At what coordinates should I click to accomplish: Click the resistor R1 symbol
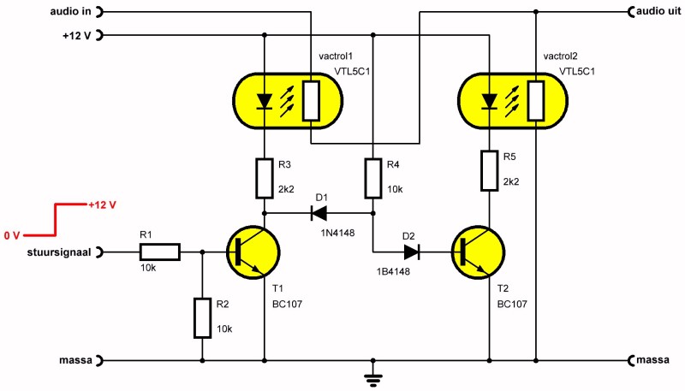(159, 252)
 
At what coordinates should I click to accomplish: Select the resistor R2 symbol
(202, 317)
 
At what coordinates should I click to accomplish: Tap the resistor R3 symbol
(265, 178)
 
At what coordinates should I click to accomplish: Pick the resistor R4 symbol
(372, 178)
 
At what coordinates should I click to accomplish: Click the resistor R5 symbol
(489, 170)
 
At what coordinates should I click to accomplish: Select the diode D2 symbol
(413, 252)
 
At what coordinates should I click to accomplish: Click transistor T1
(253, 252)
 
